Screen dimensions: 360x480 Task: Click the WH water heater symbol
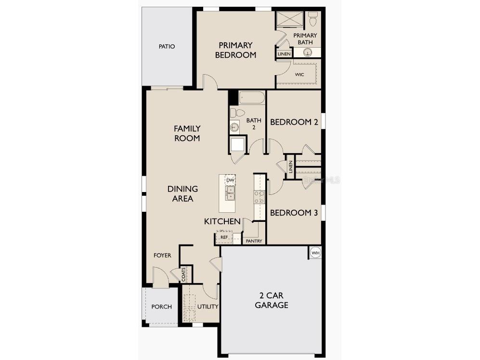pyautogui.click(x=315, y=253)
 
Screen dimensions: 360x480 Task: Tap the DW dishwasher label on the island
pyautogui.click(x=230, y=180)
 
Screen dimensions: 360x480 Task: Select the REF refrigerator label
pyautogui.click(x=224, y=237)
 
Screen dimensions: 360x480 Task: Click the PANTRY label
pyautogui.click(x=253, y=241)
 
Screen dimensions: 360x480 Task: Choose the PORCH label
pyautogui.click(x=161, y=307)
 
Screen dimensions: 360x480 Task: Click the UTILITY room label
pyautogui.click(x=208, y=307)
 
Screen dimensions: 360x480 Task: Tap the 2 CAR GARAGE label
pyautogui.click(x=272, y=300)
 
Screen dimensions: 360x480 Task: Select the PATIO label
pyautogui.click(x=167, y=47)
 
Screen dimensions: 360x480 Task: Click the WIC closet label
pyautogui.click(x=300, y=75)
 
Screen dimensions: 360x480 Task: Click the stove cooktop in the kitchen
pyautogui.click(x=259, y=196)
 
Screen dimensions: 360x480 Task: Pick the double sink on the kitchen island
pyautogui.click(x=231, y=193)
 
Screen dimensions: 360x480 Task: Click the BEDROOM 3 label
pyautogui.click(x=293, y=212)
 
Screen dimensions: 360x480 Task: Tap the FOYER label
pyautogui.click(x=162, y=255)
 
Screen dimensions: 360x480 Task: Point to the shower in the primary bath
pyautogui.click(x=290, y=20)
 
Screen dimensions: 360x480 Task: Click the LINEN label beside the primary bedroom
pyautogui.click(x=284, y=54)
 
